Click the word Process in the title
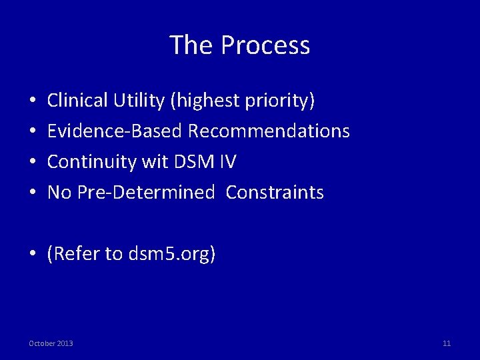[265, 45]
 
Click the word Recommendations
[269, 131]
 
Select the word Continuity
[86, 162]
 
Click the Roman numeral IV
[227, 162]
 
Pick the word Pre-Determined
[146, 193]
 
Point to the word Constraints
[275, 193]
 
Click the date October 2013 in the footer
[51, 343]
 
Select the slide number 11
[447, 343]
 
